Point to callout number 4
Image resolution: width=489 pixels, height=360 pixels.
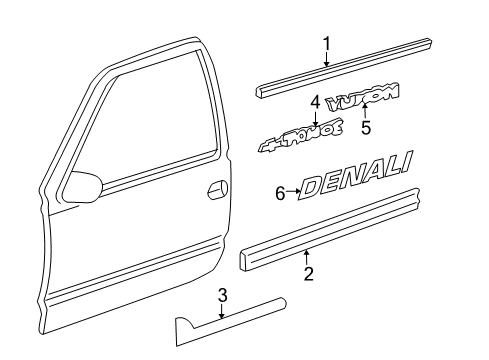tap(316, 102)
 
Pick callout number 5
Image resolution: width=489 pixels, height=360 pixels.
tap(365, 127)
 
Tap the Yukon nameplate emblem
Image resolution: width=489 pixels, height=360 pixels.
tap(368, 95)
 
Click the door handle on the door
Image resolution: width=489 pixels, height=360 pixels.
tap(214, 190)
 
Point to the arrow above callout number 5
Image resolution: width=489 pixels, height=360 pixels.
tap(365, 111)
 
